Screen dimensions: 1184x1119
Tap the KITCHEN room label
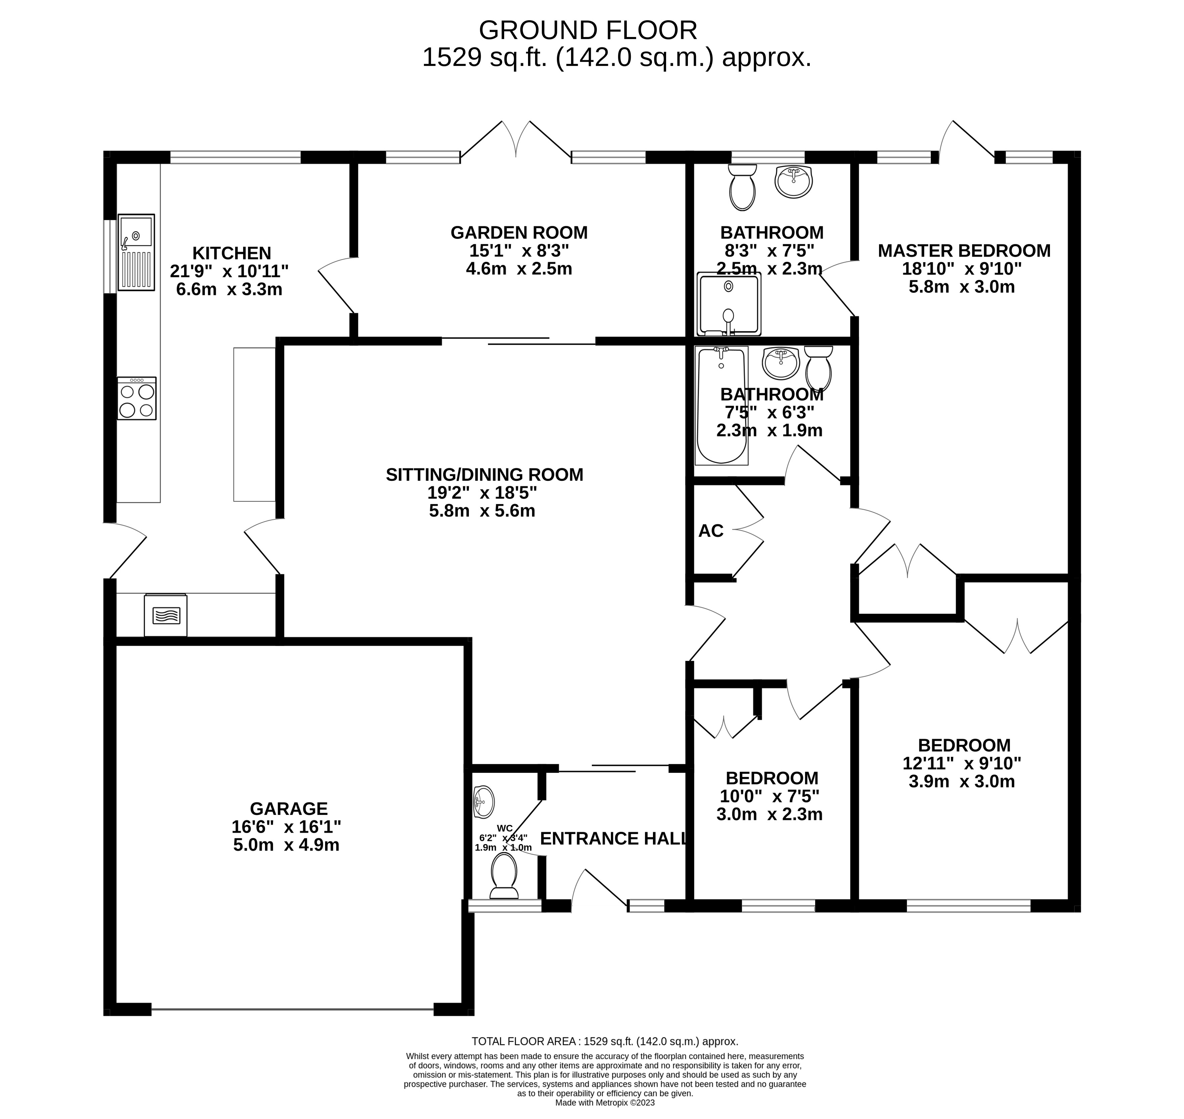tap(232, 253)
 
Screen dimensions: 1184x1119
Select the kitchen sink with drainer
tap(136, 252)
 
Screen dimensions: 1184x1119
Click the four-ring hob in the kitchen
tap(136, 399)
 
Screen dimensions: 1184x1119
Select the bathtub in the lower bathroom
tap(721, 406)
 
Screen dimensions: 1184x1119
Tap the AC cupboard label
tap(711, 531)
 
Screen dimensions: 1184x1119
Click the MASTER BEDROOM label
tap(964, 251)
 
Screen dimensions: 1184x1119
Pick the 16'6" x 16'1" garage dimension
tap(286, 827)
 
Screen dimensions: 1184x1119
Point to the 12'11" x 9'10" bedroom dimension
tap(962, 763)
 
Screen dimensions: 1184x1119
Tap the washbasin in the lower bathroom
tap(781, 363)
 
